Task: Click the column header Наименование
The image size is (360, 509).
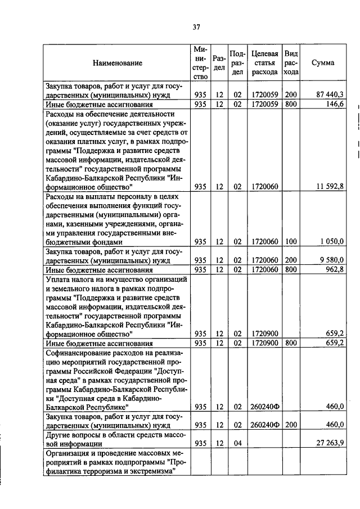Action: pos(118,63)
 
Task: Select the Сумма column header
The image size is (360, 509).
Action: pos(323,62)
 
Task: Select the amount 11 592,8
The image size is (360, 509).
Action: pos(330,186)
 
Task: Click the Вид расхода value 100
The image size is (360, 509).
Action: pos(290,241)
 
